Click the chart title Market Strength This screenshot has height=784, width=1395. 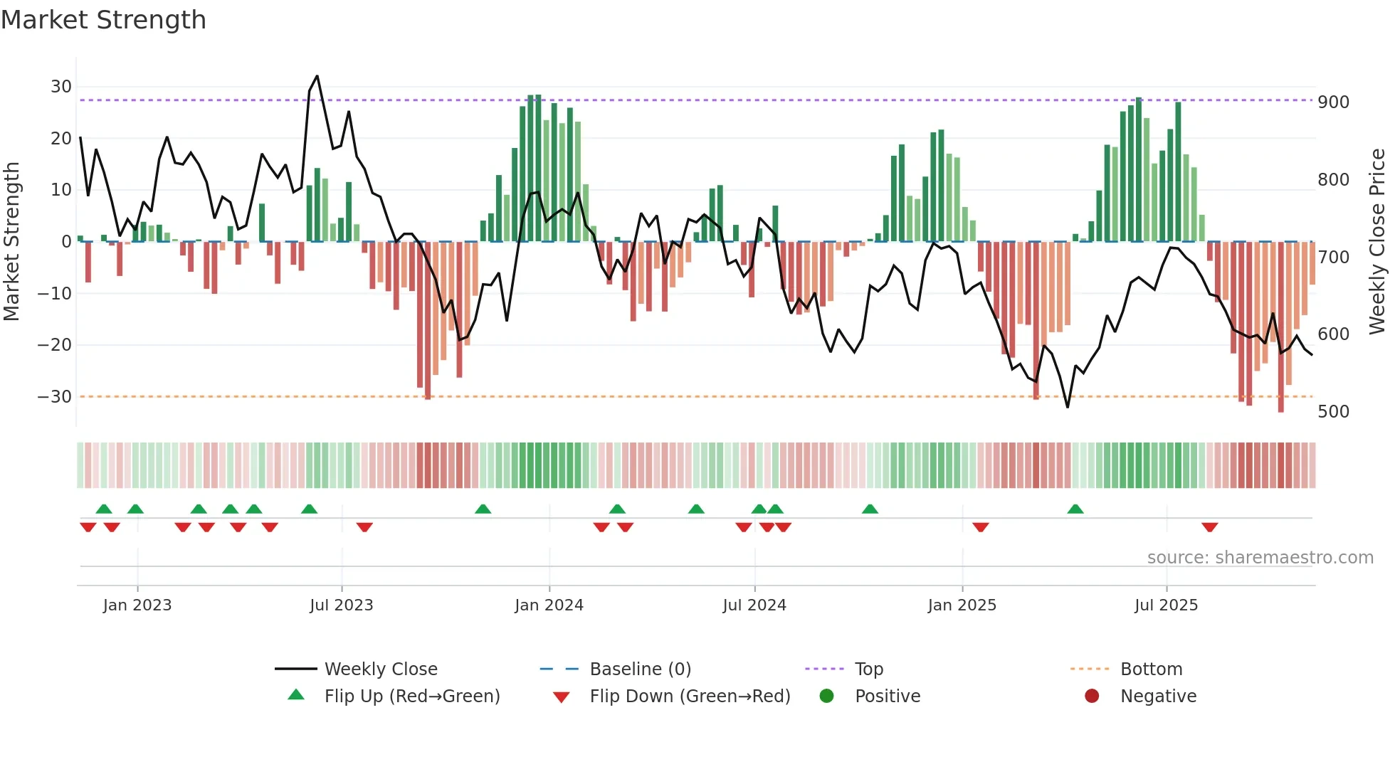pyautogui.click(x=103, y=20)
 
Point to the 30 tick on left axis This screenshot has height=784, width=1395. pyautogui.click(x=61, y=87)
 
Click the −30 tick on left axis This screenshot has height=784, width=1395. pyautogui.click(x=56, y=397)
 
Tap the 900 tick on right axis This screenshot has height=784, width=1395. pyautogui.click(x=1333, y=102)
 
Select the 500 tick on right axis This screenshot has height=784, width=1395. pyautogui.click(x=1333, y=412)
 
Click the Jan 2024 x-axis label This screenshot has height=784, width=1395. pyautogui.click(x=549, y=605)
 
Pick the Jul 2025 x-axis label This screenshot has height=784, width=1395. pyautogui.click(x=1166, y=605)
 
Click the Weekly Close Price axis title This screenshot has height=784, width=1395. pyautogui.click(x=1377, y=242)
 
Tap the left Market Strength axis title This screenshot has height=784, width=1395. pyautogui.click(x=12, y=242)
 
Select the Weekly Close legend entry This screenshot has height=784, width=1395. pyautogui.click(x=380, y=669)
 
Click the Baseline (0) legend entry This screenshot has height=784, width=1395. pyautogui.click(x=640, y=669)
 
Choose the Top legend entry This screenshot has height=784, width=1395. pyautogui.click(x=868, y=669)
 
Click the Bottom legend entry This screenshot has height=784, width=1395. pyautogui.click(x=1151, y=669)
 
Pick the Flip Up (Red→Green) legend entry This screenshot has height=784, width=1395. pyautogui.click(x=411, y=696)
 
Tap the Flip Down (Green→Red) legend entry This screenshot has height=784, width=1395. pyautogui.click(x=689, y=696)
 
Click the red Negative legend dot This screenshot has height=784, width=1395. pyautogui.click(x=1092, y=696)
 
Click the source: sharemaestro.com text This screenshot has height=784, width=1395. pyautogui.click(x=1260, y=558)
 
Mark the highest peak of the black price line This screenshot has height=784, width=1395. pyautogui.click(x=317, y=76)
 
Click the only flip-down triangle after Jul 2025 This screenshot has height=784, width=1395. pyautogui.click(x=1209, y=527)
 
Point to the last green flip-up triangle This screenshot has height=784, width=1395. pyautogui.click(x=1075, y=509)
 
